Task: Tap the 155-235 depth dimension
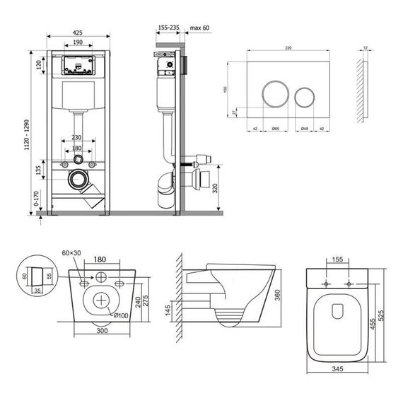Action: (x=168, y=28)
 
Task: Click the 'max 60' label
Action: (x=199, y=28)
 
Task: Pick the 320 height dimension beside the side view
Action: (x=224, y=189)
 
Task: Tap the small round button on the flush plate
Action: (x=305, y=94)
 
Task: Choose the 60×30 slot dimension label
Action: (x=71, y=252)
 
